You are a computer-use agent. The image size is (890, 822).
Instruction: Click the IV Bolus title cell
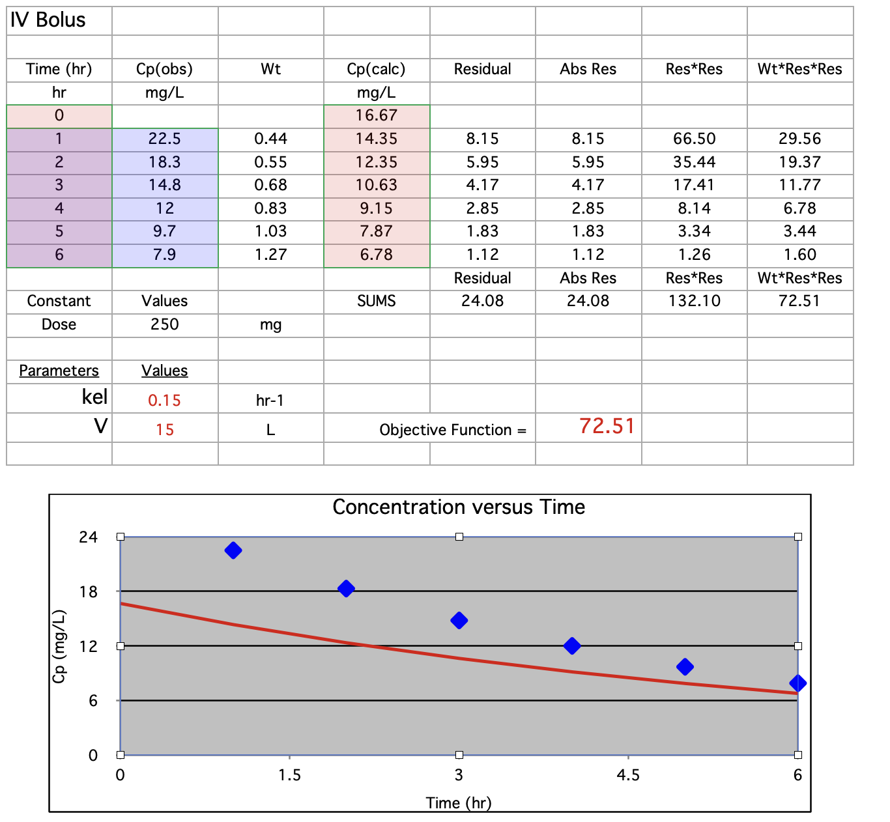[x=48, y=20]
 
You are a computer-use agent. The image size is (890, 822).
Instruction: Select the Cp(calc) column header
[x=376, y=69]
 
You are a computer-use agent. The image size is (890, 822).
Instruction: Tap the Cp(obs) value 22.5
[x=164, y=139]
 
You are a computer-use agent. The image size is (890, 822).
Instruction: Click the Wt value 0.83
[x=270, y=208]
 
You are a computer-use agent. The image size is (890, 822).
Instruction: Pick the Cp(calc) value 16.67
[x=376, y=115]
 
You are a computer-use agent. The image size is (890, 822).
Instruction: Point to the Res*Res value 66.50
[x=694, y=139]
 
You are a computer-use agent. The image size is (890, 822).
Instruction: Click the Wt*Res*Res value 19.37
[x=799, y=162]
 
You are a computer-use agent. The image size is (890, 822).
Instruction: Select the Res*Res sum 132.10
[x=694, y=301]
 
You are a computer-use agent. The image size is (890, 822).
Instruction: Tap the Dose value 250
[x=164, y=324]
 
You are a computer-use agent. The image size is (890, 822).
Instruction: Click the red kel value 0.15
[x=164, y=401]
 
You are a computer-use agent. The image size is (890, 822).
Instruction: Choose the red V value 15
[x=164, y=430]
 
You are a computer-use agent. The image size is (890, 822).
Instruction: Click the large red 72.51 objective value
[x=607, y=426]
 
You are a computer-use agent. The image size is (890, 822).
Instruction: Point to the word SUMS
[x=376, y=301]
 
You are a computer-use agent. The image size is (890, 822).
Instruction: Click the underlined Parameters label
[x=59, y=371]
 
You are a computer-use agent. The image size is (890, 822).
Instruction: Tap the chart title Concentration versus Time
[x=459, y=507]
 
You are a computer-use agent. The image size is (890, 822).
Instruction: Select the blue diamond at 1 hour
[x=233, y=550]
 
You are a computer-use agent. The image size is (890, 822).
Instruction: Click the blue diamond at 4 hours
[x=572, y=645]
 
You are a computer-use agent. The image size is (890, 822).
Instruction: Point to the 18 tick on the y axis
[x=89, y=591]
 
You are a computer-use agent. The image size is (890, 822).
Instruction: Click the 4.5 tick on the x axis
[x=628, y=775]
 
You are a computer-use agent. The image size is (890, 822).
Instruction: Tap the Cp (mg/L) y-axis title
[x=59, y=646]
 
